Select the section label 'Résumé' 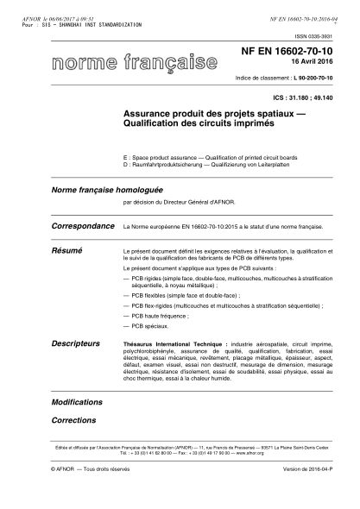67,248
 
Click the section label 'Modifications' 77,402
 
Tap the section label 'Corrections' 73,420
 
